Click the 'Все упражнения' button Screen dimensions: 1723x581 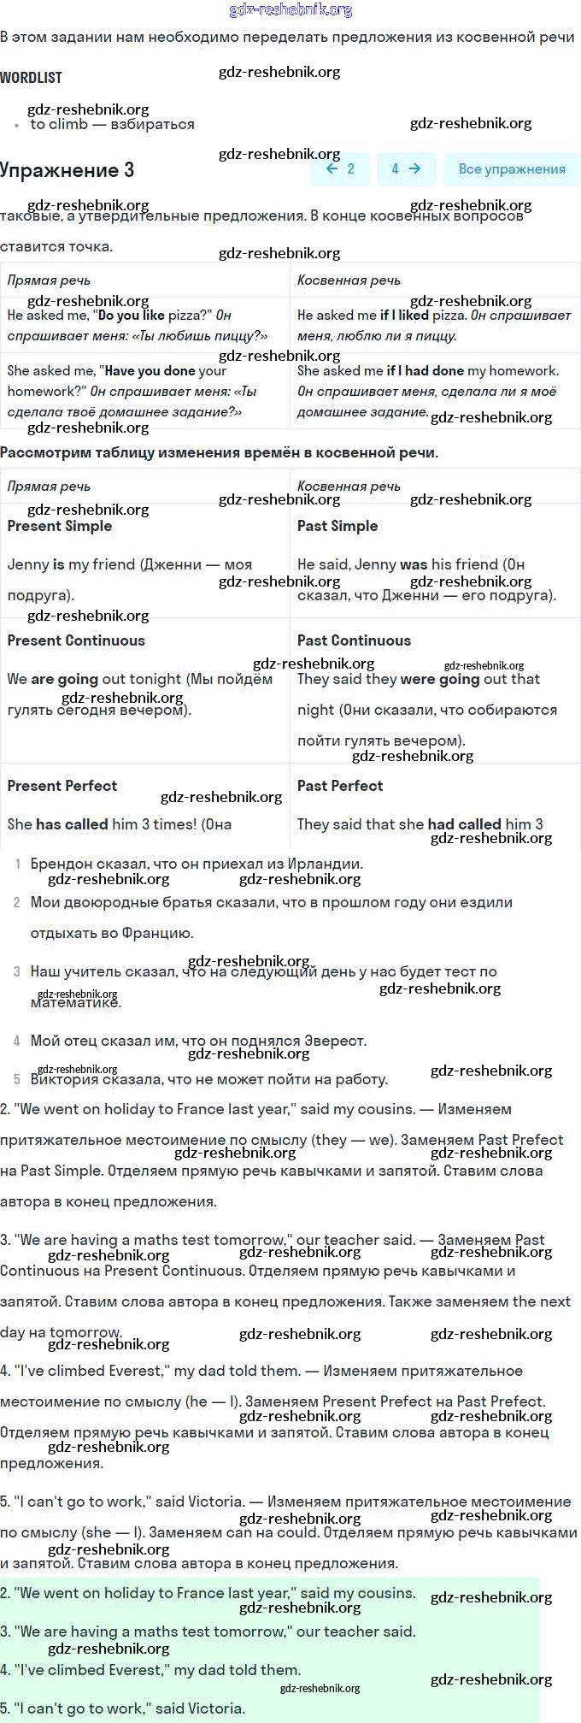tap(511, 169)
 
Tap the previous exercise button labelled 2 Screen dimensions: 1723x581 tap(339, 169)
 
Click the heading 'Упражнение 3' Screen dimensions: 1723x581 tap(67, 170)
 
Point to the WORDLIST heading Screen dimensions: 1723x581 tap(31, 78)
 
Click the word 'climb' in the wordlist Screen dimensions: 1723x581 tap(68, 125)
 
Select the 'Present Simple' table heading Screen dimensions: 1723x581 tap(60, 526)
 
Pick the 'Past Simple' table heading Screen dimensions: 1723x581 tap(337, 526)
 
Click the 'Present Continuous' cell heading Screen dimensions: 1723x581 tap(76, 640)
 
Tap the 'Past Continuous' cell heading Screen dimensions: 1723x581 tap(354, 640)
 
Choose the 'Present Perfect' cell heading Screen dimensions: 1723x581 tap(62, 786)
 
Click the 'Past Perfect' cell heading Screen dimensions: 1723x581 tap(340, 786)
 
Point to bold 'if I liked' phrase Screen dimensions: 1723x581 tap(404, 315)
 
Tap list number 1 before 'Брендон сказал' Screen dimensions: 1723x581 tap(18, 864)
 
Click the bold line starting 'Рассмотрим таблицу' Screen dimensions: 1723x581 tap(219, 452)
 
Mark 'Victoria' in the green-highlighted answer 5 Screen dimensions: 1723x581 tap(217, 1708)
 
